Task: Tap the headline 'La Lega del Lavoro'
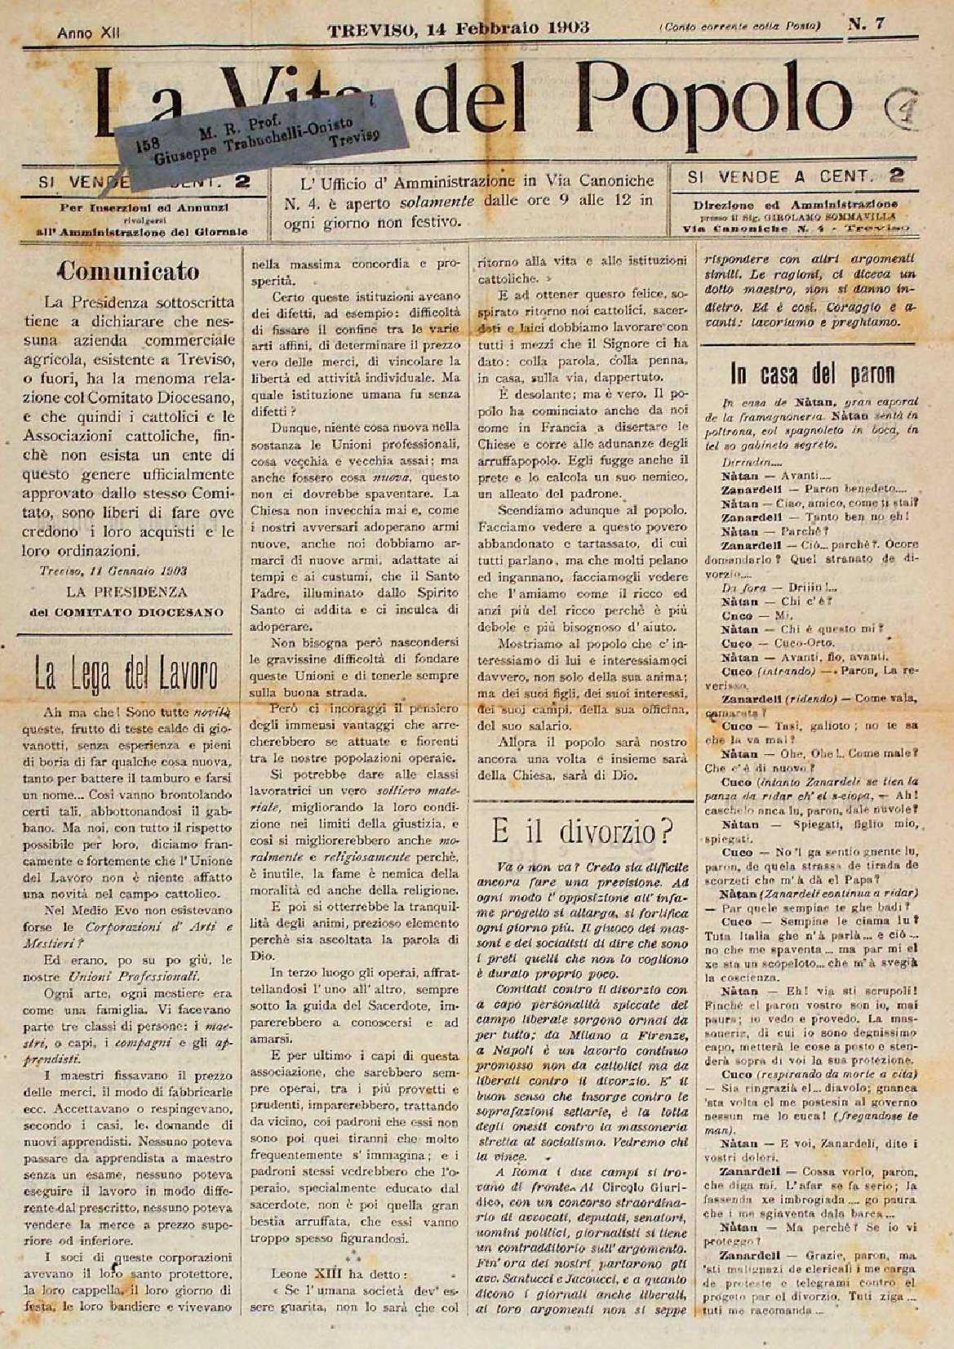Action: [x=125, y=675]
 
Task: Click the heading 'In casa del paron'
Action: [x=812, y=374]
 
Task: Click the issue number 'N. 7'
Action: [x=866, y=24]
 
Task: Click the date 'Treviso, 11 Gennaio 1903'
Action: [x=113, y=571]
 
